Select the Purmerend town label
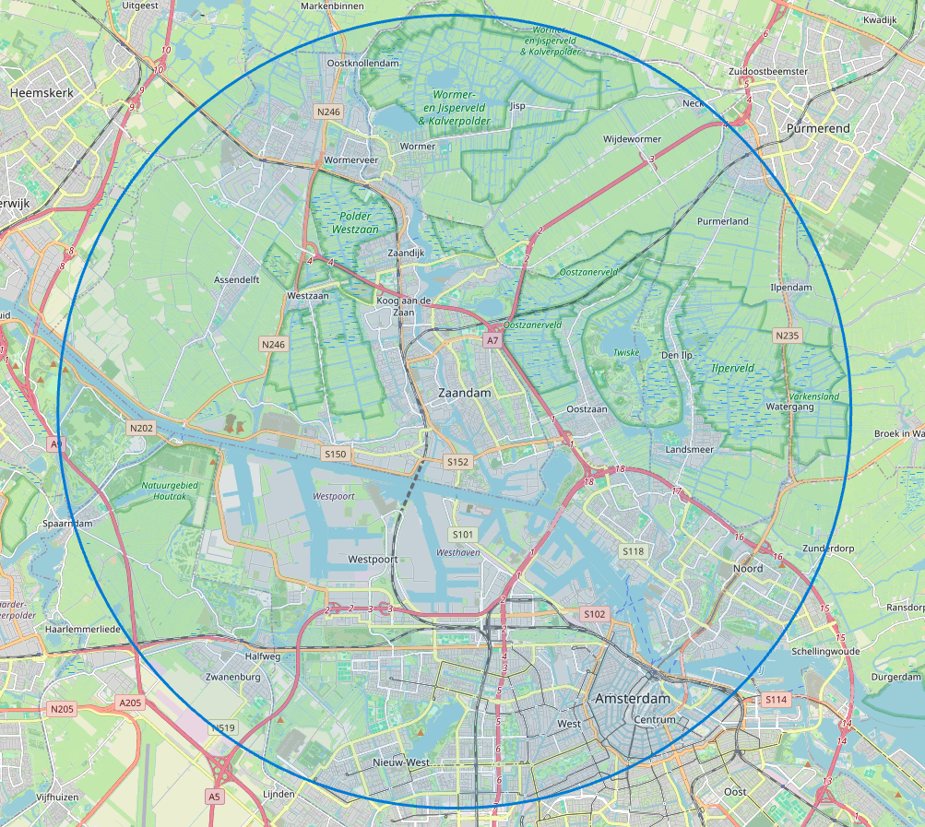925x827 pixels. click(816, 129)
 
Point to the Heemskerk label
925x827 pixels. click(41, 93)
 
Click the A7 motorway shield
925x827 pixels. click(493, 340)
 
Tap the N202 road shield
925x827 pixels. click(141, 428)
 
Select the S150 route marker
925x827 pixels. click(335, 454)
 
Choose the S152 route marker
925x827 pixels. click(457, 461)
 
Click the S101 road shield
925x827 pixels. click(462, 534)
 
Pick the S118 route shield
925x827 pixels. click(633, 551)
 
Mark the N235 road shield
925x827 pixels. click(787, 336)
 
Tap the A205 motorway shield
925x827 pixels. click(130, 703)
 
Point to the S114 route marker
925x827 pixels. click(777, 700)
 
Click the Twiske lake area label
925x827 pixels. click(627, 352)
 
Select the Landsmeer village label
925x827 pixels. click(689, 449)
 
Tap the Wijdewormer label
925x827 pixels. click(632, 139)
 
